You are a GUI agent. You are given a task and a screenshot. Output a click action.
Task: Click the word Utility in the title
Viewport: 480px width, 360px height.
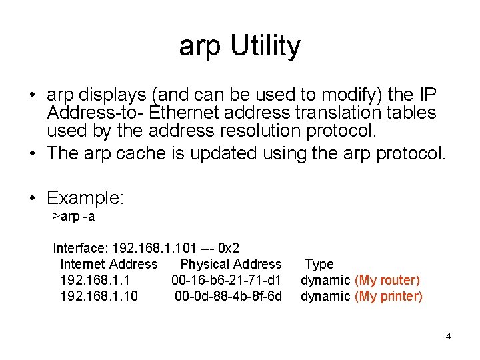click(265, 47)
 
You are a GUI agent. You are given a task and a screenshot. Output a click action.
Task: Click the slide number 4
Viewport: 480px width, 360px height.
click(448, 336)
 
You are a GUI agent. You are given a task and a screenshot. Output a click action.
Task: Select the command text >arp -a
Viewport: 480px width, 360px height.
click(74, 217)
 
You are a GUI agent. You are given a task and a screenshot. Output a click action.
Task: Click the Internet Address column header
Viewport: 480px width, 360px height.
click(109, 264)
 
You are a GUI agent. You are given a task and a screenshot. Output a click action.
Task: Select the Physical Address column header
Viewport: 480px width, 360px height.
click(231, 264)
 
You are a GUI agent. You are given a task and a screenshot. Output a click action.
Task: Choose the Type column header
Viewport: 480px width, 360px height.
click(319, 264)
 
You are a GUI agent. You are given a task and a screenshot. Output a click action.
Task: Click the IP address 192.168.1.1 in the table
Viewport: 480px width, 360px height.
click(95, 280)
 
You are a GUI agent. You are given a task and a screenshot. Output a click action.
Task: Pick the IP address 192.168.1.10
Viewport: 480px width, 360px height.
click(99, 296)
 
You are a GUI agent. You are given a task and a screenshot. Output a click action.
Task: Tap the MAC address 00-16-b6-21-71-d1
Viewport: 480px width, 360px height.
click(227, 280)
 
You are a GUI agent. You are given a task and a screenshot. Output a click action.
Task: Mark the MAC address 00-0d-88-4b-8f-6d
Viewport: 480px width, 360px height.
click(228, 296)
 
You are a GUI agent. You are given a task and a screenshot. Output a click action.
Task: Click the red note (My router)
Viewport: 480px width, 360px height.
click(387, 280)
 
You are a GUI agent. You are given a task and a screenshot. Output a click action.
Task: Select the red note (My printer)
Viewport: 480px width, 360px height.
click(389, 296)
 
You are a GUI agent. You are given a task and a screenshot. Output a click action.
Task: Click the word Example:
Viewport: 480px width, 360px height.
click(86, 198)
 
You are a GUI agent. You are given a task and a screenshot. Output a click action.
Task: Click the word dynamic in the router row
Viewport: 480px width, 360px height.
click(325, 280)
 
